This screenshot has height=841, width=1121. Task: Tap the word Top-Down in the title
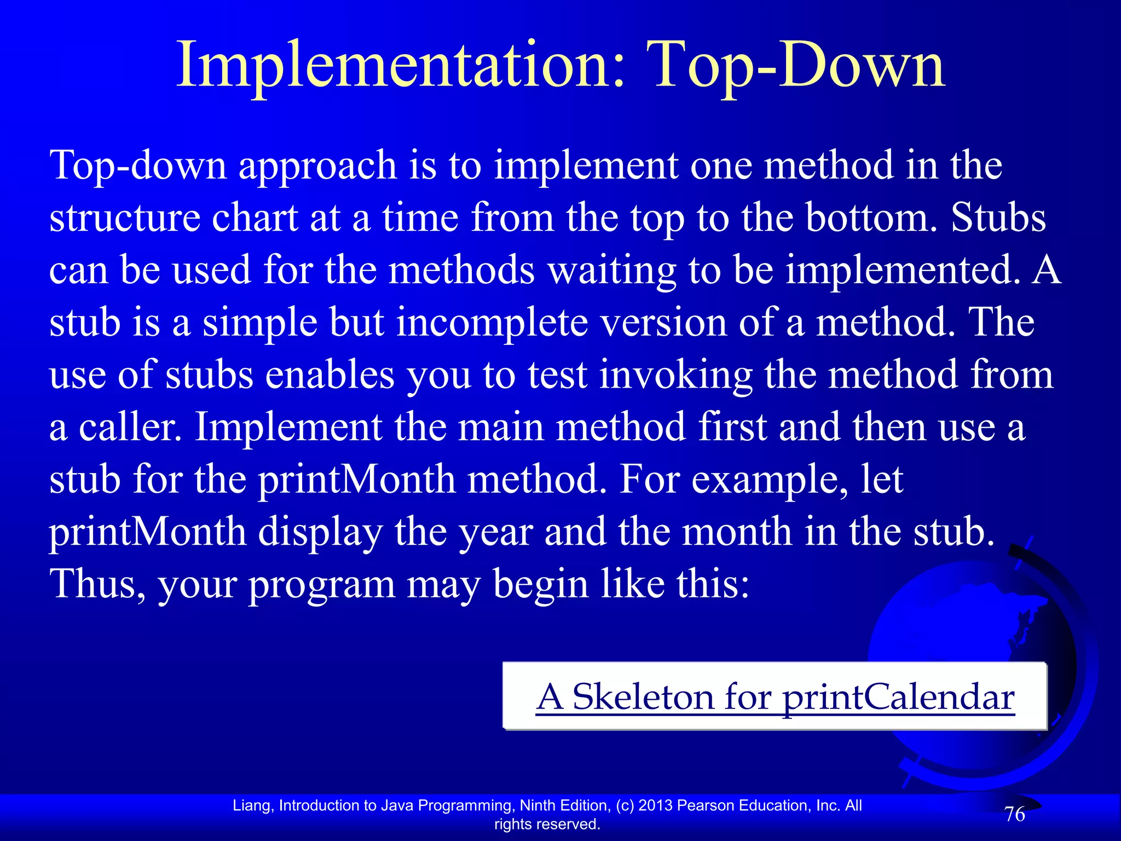(796, 66)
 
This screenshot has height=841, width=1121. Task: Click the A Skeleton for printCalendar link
(775, 696)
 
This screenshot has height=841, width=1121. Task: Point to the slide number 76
(1014, 814)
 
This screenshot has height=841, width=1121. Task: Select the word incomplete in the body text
(492, 322)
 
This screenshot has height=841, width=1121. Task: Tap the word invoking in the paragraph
(675, 375)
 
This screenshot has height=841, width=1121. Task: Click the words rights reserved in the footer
(547, 824)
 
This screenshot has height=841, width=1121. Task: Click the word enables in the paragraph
(330, 375)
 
